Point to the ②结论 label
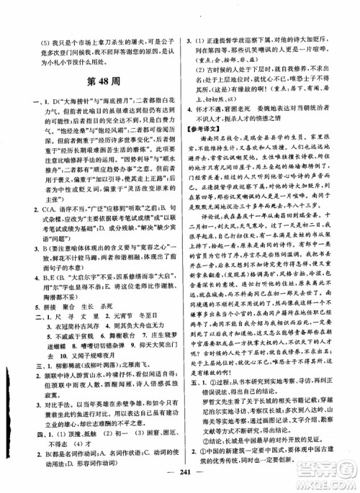click(x=210, y=440)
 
